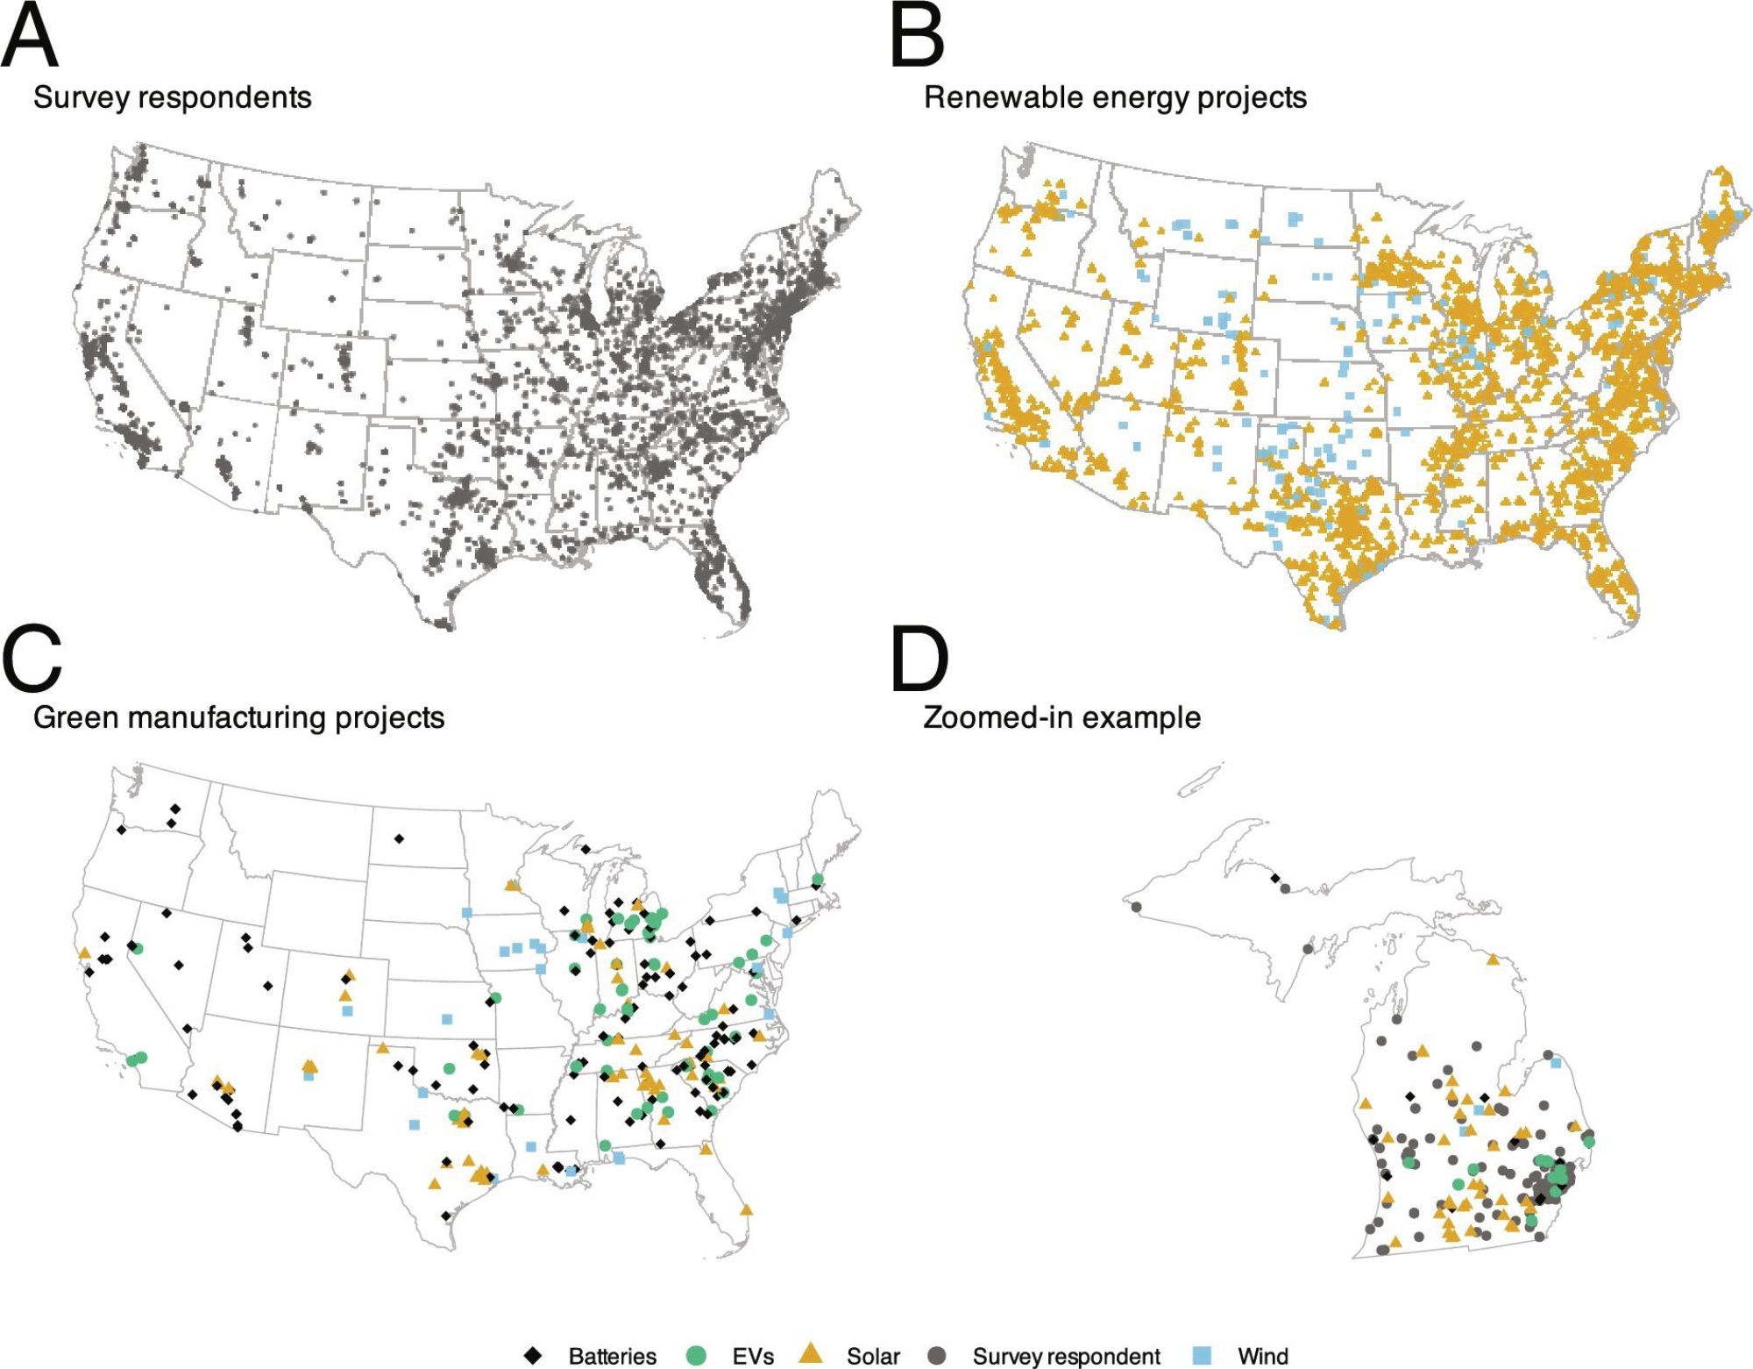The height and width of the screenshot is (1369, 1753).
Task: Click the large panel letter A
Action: [x=30, y=37]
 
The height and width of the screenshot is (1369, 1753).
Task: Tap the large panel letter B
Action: [x=917, y=37]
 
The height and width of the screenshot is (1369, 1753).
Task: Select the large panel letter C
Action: [x=32, y=659]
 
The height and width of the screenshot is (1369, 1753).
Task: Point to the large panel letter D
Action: [x=919, y=659]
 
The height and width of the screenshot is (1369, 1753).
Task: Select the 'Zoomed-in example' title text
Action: [x=1061, y=717]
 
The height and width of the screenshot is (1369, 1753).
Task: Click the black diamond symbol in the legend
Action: [x=532, y=1356]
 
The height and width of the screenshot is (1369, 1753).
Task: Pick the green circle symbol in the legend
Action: [x=696, y=1356]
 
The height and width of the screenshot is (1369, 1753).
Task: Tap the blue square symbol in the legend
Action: [x=1203, y=1356]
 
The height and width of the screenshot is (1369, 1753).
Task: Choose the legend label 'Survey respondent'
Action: [x=1066, y=1357]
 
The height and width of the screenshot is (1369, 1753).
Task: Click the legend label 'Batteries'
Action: [x=612, y=1357]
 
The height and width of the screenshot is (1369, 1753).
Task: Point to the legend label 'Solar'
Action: [x=873, y=1357]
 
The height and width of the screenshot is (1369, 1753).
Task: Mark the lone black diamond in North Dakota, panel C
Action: [x=399, y=839]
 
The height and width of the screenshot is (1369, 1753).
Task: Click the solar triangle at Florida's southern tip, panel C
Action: [x=746, y=1210]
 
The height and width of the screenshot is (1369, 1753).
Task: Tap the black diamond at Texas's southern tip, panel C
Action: [x=446, y=1216]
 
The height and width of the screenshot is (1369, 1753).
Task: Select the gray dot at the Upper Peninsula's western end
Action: [x=1137, y=907]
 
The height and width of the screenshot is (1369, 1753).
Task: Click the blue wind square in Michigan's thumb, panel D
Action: [x=1556, y=1063]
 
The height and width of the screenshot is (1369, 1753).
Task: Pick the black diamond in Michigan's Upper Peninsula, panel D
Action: [x=1275, y=878]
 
